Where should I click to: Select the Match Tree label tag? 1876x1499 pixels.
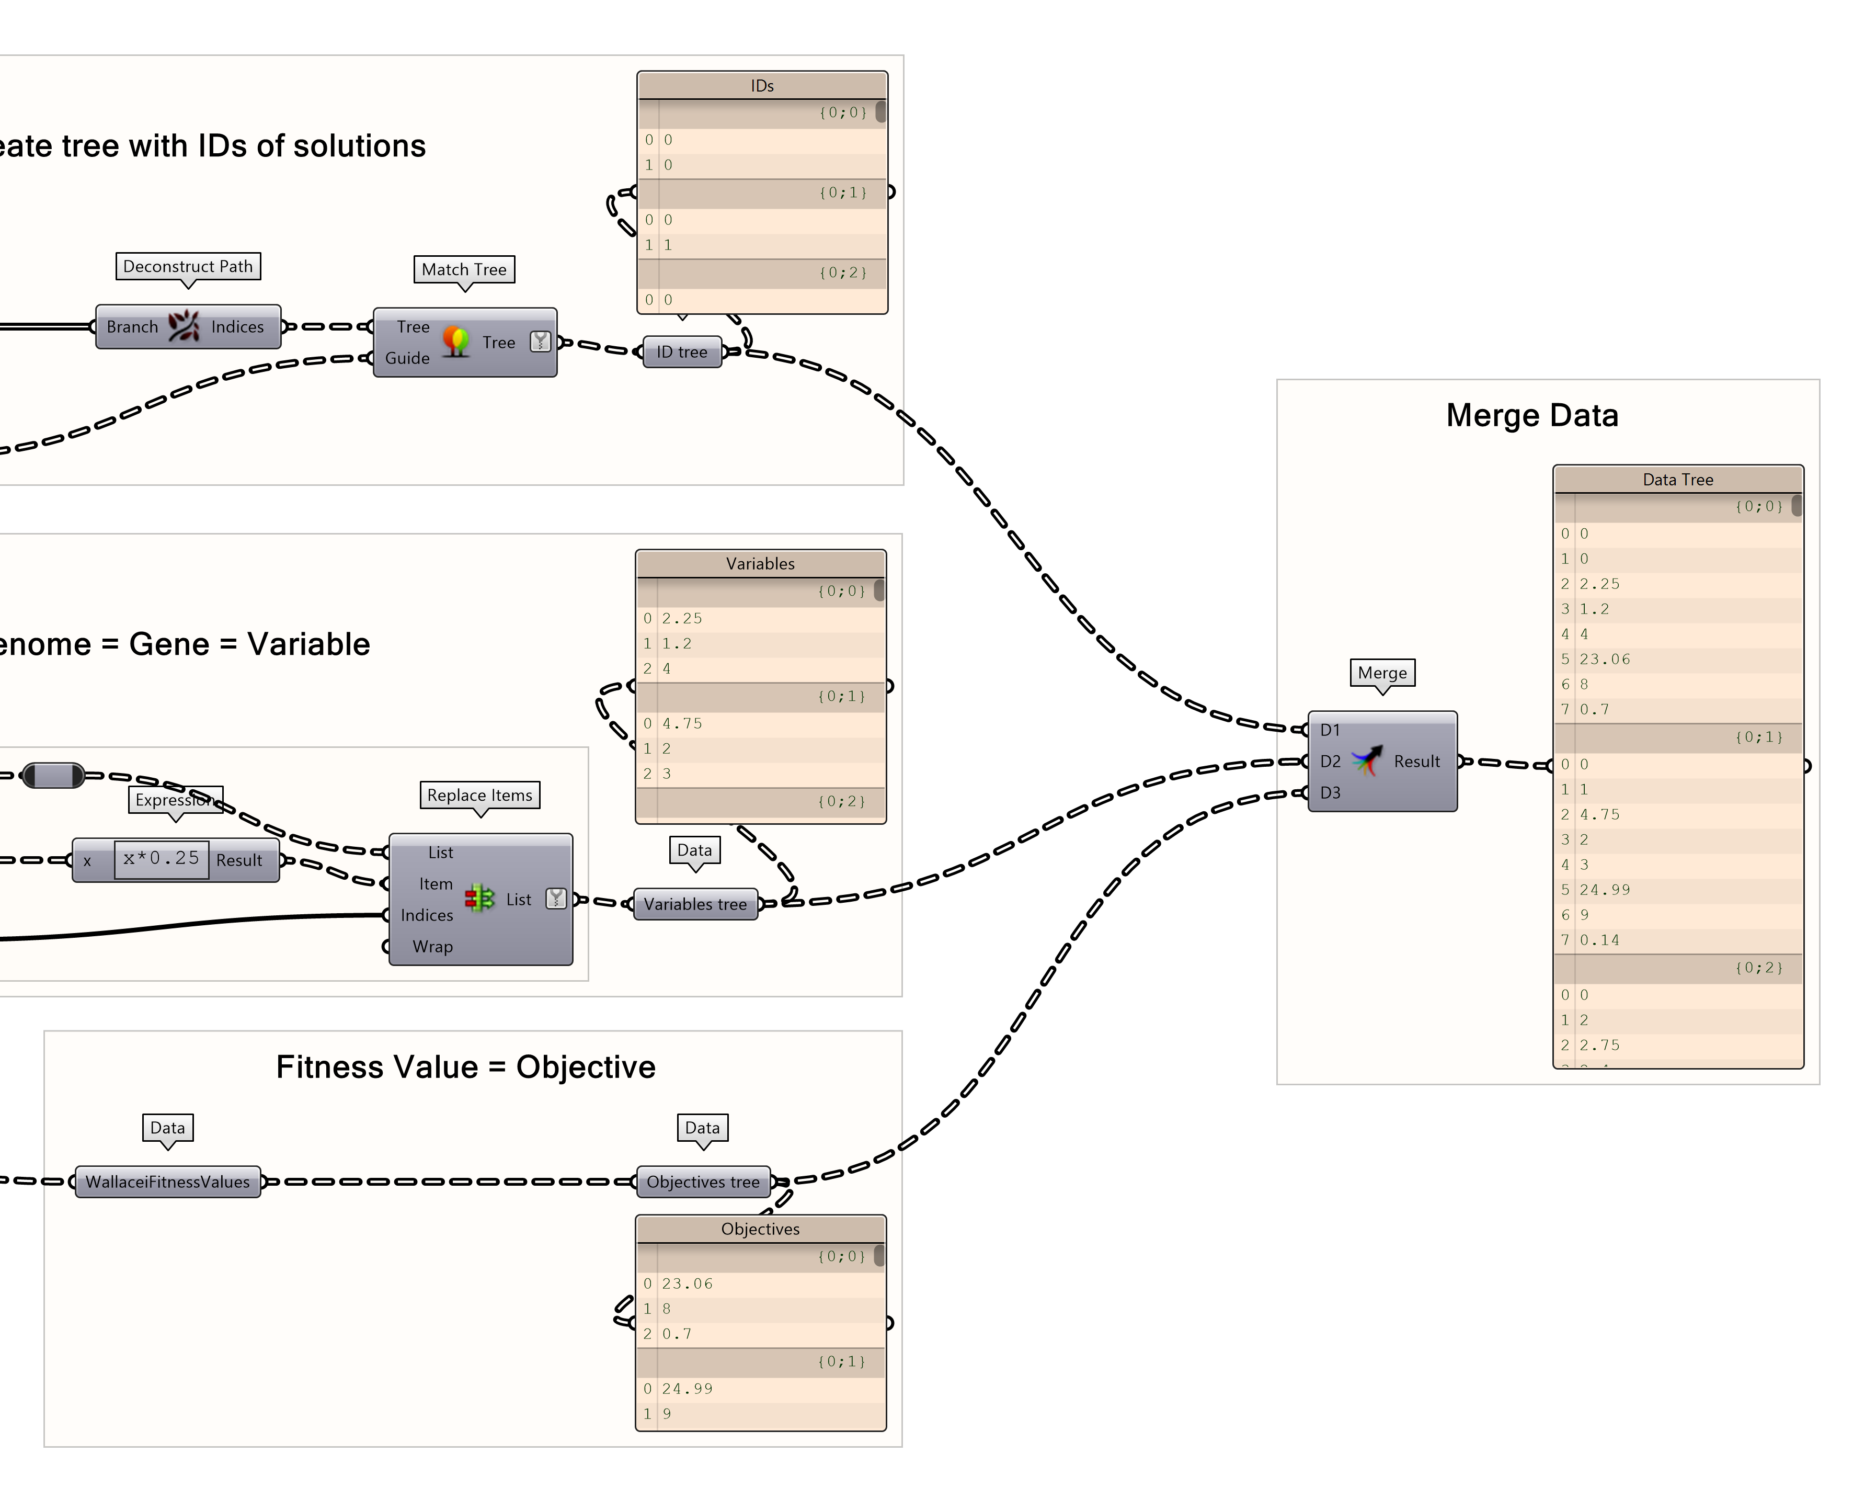click(x=464, y=270)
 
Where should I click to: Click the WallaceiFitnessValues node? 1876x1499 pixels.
click(x=167, y=1182)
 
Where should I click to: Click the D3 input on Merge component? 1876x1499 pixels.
click(x=1330, y=793)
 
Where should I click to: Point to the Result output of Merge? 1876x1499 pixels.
click(x=1416, y=762)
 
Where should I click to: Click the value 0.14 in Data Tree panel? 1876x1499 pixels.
click(x=1599, y=940)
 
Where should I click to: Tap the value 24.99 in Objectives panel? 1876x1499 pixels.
click(x=687, y=1389)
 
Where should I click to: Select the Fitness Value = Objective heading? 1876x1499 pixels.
click(x=465, y=1067)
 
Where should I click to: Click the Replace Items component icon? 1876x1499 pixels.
click(x=479, y=899)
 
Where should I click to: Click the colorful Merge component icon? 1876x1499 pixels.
click(x=1367, y=760)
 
